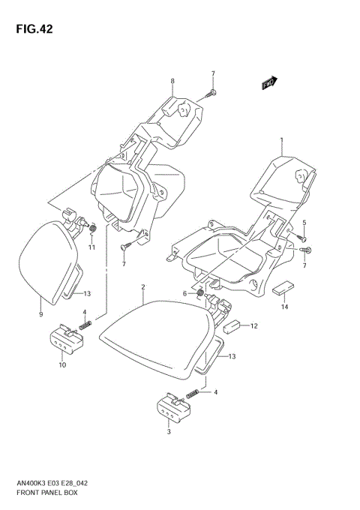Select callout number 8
172,81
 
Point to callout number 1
281,140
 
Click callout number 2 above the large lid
143,287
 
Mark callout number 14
285,307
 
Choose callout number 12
254,325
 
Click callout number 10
61,364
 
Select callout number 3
169,432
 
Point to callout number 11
91,247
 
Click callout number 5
304,223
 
